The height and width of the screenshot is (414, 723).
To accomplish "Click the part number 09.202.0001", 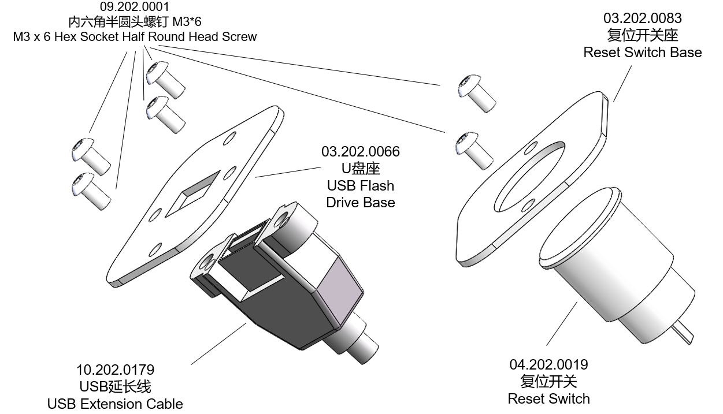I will tap(135, 8).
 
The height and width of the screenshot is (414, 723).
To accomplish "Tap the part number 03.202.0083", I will tap(642, 18).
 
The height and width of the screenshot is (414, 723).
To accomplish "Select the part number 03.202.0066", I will tap(360, 152).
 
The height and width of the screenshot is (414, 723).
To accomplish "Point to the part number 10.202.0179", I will tap(116, 369).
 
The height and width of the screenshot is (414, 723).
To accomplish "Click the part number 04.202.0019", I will tap(548, 364).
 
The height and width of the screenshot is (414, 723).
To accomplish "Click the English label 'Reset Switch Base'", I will tap(642, 53).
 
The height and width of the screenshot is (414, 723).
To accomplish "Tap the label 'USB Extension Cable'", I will tap(115, 404).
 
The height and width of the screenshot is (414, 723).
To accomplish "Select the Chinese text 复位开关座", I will tap(642, 35).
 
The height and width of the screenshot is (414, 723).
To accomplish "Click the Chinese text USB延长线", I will tap(115, 386).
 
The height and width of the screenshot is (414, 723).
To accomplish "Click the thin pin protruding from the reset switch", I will tap(682, 334).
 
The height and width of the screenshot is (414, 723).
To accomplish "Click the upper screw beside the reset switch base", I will tap(476, 91).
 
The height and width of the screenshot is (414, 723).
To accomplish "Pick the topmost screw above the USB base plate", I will tap(164, 79).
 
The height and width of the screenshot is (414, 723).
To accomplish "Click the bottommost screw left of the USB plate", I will tap(90, 190).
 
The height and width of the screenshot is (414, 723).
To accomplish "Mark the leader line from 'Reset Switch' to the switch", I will tap(561, 324).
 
